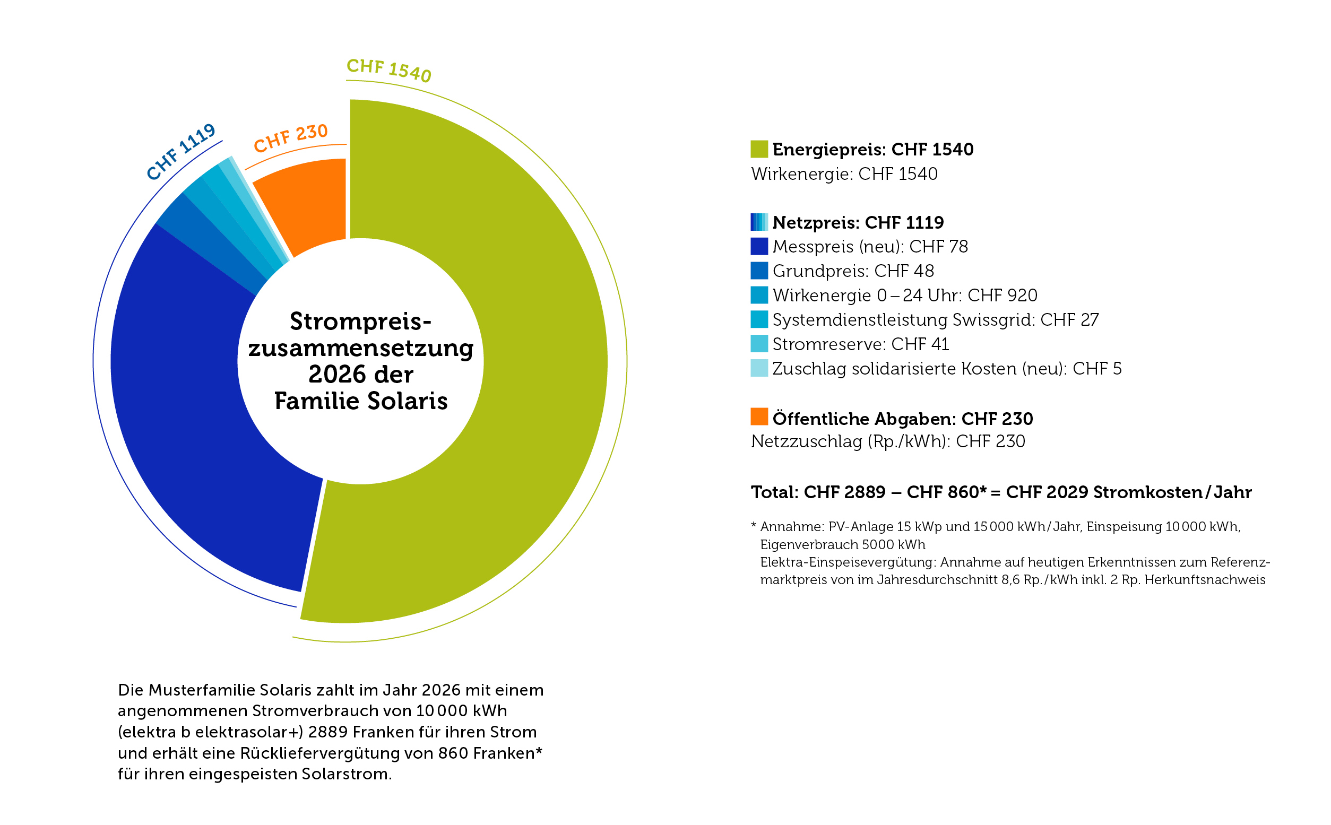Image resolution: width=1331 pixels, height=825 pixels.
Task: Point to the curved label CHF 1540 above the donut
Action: (x=388, y=70)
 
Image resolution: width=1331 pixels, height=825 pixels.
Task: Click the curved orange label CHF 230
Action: (x=290, y=138)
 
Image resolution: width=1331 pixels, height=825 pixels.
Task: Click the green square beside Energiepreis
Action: (x=758, y=149)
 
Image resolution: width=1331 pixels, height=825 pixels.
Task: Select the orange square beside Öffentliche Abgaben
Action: (x=758, y=417)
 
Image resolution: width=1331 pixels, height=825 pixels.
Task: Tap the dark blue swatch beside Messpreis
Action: (x=758, y=247)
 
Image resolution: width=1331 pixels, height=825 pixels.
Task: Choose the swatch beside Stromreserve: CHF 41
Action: (x=758, y=344)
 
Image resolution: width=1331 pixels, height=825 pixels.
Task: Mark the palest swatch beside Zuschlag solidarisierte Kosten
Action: (x=758, y=368)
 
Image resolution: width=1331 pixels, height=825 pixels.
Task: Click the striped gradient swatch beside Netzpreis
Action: (x=758, y=222)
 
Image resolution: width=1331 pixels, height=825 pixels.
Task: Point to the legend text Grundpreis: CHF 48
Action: (x=853, y=271)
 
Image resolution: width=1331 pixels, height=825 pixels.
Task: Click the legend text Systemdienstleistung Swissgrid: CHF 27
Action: (x=935, y=320)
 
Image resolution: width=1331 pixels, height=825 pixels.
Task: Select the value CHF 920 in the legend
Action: (x=1002, y=295)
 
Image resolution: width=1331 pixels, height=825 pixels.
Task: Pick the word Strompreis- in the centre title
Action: (x=360, y=322)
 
